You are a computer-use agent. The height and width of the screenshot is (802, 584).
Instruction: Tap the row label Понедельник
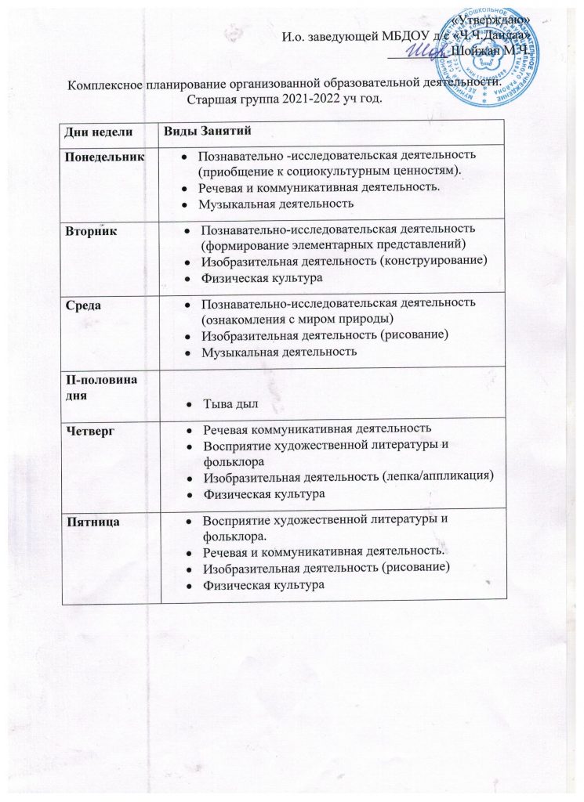[104, 157]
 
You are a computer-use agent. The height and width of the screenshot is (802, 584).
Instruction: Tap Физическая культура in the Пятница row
[263, 585]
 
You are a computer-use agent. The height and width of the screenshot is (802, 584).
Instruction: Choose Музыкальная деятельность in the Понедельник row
[277, 204]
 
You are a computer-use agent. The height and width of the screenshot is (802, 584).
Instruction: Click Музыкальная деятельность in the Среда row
[279, 352]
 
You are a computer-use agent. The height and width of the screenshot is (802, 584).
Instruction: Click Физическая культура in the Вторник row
[263, 277]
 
